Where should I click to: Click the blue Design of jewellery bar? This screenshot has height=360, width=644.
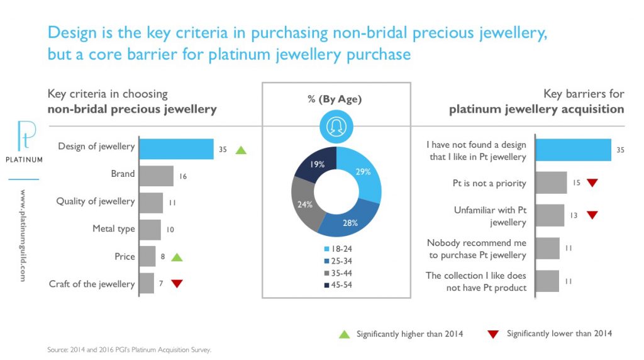click(x=176, y=149)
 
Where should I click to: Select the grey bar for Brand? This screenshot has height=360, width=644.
click(x=156, y=176)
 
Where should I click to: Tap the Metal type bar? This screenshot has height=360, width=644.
click(x=150, y=230)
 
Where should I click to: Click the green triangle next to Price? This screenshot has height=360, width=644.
click(x=177, y=257)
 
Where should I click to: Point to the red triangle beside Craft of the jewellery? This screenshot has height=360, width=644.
click(x=177, y=284)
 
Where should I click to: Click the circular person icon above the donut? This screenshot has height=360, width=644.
click(x=336, y=126)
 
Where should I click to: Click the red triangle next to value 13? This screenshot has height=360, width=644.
click(x=592, y=215)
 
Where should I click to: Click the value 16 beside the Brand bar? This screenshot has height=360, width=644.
click(x=183, y=177)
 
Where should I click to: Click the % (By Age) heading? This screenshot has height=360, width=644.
click(x=336, y=99)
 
